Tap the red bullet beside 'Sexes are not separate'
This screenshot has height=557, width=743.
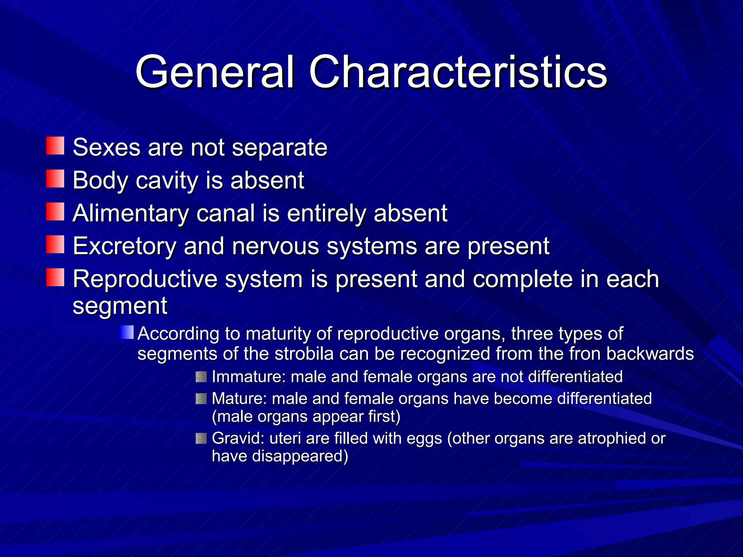(55, 146)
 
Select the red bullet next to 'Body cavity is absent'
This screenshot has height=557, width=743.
(55, 179)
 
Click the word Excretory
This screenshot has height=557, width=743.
(124, 246)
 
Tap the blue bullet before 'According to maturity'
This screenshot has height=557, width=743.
(127, 332)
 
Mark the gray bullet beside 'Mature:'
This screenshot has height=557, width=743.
(201, 399)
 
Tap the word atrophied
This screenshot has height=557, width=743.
(612, 438)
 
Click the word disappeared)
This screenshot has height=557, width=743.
(300, 456)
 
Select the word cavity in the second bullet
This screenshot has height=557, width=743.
(166, 180)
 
